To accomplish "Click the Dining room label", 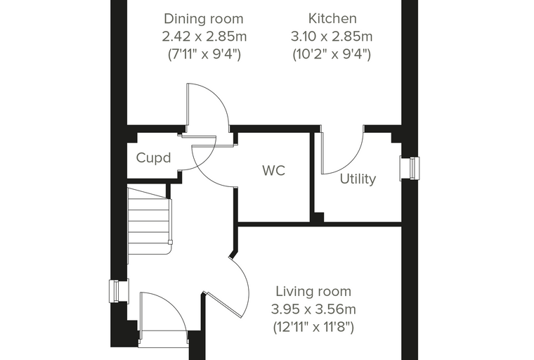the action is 204,19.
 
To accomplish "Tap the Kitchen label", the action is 332,18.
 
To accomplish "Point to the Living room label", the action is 313,292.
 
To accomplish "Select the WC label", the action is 274,170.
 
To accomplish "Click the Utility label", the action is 358,179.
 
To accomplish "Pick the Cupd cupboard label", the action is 153,157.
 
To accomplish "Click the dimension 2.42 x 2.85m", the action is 204,37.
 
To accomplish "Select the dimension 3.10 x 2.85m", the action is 332,37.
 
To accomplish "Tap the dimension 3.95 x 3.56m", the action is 313,309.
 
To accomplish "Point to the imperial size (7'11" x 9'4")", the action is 204,54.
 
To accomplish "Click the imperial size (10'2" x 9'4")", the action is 332,54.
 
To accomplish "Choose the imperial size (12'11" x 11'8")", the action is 313,328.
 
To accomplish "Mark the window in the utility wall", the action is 410,168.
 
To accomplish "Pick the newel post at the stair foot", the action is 170,243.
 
